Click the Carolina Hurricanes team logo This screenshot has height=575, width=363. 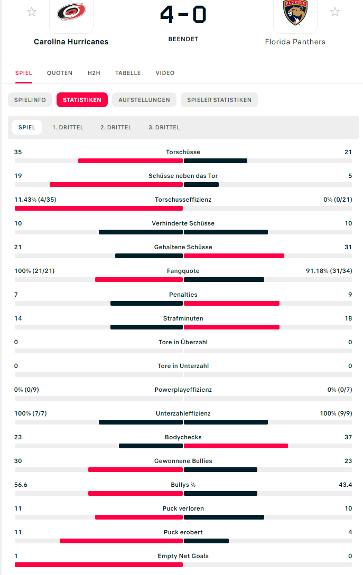(x=71, y=12)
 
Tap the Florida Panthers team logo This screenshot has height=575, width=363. (x=295, y=13)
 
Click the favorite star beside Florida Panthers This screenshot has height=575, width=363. (x=335, y=12)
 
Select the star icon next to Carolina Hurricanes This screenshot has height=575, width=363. (x=32, y=12)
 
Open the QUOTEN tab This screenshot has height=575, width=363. (x=60, y=73)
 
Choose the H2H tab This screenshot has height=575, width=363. (x=94, y=73)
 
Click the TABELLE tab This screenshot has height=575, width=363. (x=128, y=73)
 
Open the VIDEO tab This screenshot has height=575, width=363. (x=165, y=73)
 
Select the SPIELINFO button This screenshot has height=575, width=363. (x=30, y=100)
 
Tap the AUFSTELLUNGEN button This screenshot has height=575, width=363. (x=144, y=100)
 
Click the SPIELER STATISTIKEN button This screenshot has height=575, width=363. (x=219, y=100)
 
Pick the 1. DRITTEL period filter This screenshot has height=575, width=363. (x=68, y=127)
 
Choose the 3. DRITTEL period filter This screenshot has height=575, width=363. (x=164, y=127)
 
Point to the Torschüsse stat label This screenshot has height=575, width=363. (x=183, y=152)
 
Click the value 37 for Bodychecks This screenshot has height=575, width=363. (x=348, y=437)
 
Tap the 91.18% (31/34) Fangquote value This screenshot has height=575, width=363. (x=329, y=271)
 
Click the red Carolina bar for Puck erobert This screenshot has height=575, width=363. (x=121, y=541)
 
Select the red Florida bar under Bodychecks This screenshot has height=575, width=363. (x=236, y=446)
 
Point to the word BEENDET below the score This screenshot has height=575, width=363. (x=183, y=39)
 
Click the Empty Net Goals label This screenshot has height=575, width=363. (x=183, y=556)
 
